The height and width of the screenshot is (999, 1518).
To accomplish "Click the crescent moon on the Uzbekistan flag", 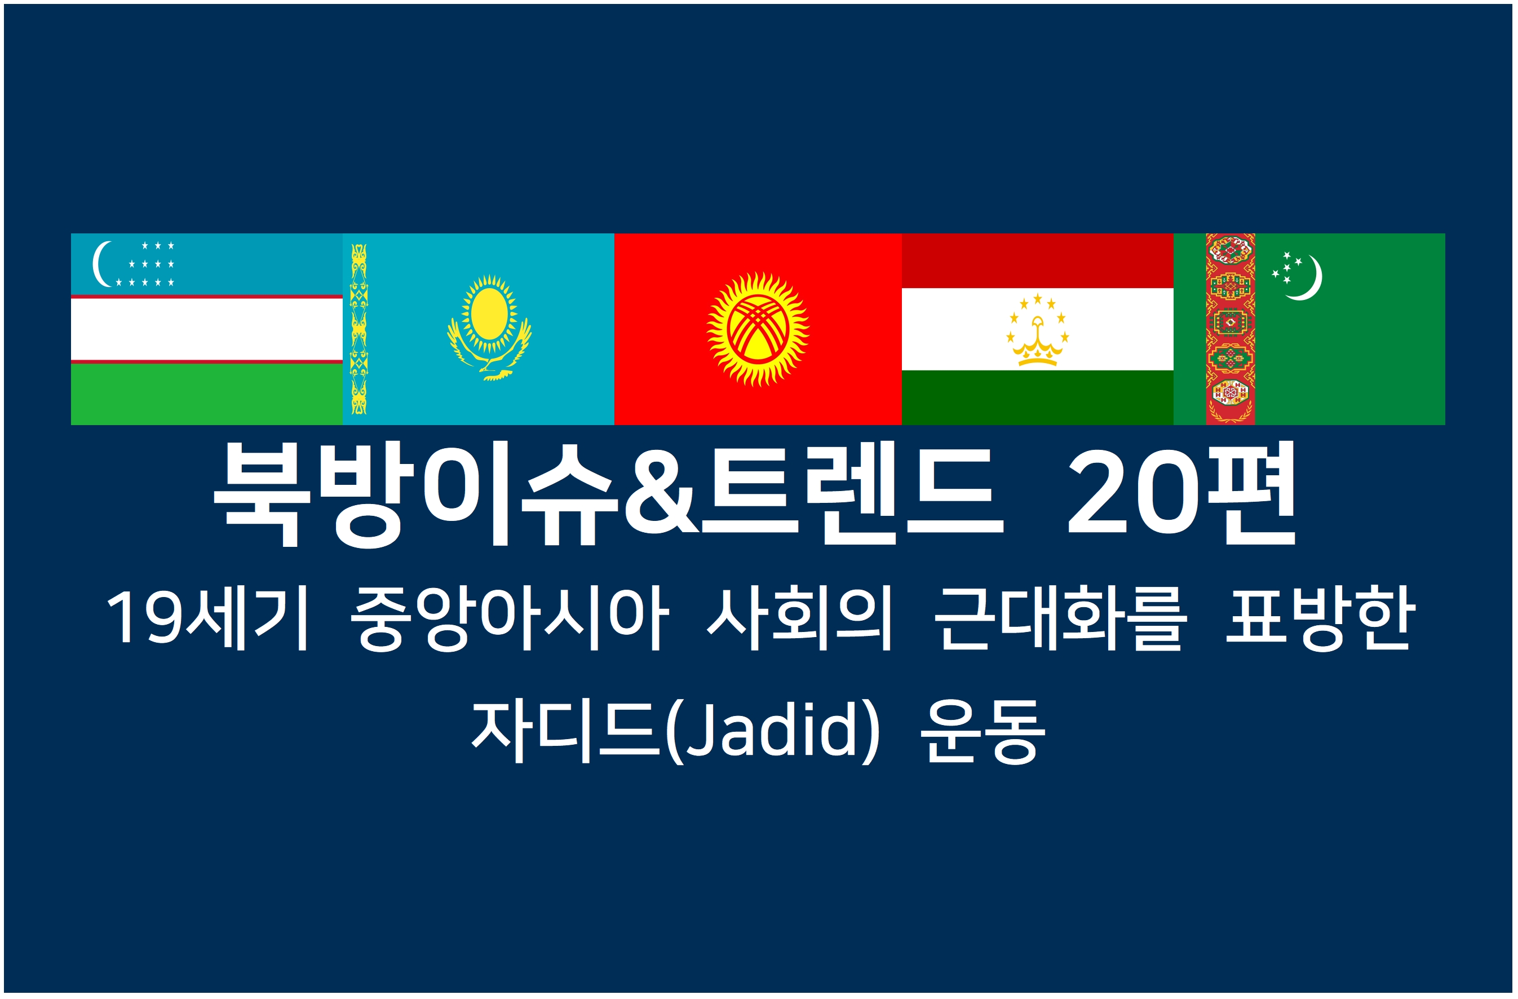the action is [x=98, y=264].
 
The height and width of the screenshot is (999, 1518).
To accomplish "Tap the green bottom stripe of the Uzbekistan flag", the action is [x=207, y=394].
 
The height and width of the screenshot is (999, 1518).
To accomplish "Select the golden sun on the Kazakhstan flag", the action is [x=489, y=315].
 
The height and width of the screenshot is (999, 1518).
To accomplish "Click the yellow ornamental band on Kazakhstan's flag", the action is [x=359, y=329].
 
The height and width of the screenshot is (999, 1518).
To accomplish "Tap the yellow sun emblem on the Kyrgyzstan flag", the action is [x=758, y=329].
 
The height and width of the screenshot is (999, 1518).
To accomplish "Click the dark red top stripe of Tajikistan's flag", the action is [x=1037, y=261].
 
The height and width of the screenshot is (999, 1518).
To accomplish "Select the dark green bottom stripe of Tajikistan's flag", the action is [x=1037, y=397].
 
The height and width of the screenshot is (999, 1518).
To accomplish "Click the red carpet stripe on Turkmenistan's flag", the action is [x=1231, y=329].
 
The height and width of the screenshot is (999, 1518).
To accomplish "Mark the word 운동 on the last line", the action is [x=983, y=731].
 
